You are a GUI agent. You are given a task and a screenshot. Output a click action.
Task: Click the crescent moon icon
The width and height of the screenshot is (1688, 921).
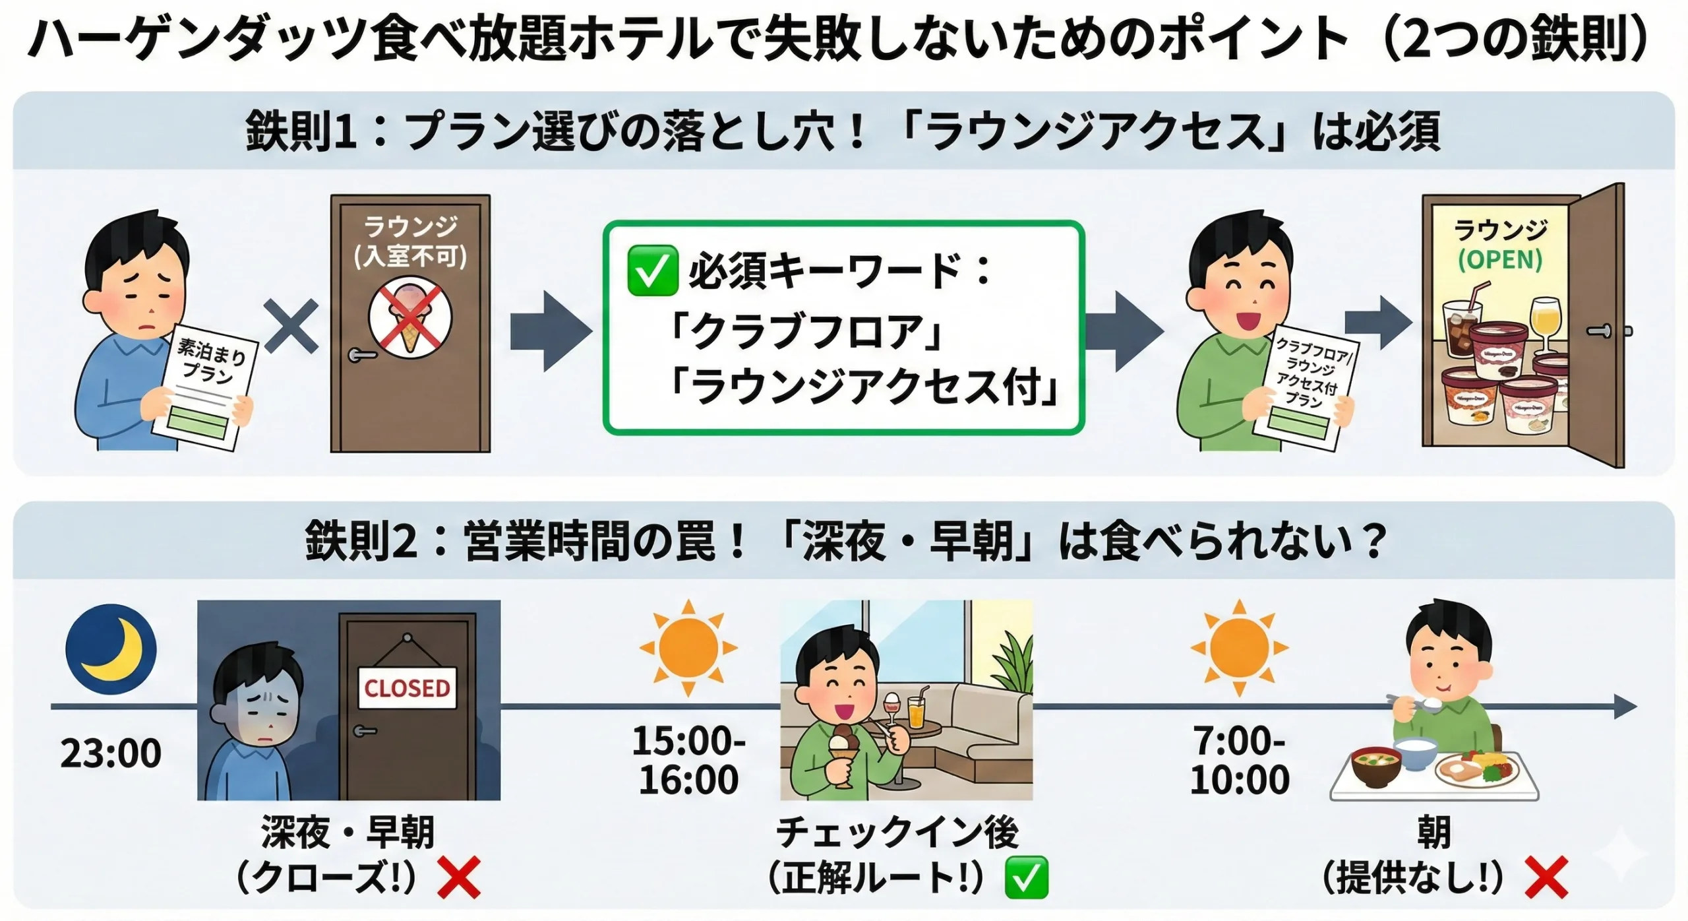tap(111, 649)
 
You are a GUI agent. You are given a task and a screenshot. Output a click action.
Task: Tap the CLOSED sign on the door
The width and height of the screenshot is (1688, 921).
tap(407, 688)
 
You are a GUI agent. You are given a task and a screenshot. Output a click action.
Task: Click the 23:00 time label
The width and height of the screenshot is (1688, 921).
tap(111, 753)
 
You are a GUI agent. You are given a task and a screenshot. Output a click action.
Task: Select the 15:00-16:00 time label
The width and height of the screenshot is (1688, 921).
tap(688, 760)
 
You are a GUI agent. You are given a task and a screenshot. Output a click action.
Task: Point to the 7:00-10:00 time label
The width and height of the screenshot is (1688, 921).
tap(1240, 760)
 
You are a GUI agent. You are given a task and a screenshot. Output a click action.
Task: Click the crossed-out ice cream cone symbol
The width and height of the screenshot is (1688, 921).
tap(410, 317)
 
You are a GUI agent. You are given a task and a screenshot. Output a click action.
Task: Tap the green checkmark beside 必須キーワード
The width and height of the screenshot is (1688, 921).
tap(652, 270)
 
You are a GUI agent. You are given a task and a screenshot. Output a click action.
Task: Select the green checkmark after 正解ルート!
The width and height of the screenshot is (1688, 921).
tap(1026, 877)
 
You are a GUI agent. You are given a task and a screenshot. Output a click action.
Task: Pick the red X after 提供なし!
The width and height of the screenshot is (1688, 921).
tap(1546, 877)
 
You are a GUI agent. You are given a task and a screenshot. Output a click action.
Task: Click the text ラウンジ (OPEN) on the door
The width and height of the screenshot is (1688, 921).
tap(1500, 245)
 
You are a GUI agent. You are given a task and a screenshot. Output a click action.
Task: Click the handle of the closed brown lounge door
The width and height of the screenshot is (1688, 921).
tap(362, 356)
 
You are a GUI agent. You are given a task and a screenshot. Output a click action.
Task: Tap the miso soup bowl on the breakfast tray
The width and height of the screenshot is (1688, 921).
tap(1376, 765)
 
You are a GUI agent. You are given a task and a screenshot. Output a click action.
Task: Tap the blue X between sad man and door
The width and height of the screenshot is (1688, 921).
tap(291, 325)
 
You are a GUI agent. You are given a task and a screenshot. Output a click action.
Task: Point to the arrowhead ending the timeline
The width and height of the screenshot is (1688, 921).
tap(1625, 707)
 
